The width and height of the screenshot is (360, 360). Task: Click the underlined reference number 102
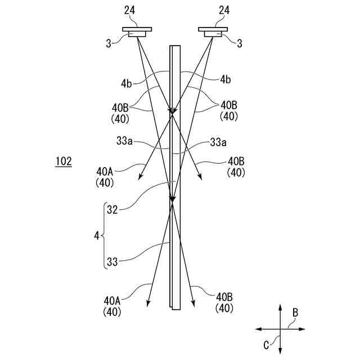click(x=63, y=161)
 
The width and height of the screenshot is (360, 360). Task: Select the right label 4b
click(x=224, y=80)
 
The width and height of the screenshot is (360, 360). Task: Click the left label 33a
click(x=124, y=142)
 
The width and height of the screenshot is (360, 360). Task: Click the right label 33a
click(x=219, y=142)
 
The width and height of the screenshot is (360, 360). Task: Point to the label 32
click(x=112, y=210)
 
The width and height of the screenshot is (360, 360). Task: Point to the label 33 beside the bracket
click(x=112, y=262)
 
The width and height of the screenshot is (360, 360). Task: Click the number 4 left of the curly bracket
click(x=96, y=236)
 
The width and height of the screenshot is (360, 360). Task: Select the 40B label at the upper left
click(x=121, y=106)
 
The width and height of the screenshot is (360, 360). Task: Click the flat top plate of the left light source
click(x=137, y=29)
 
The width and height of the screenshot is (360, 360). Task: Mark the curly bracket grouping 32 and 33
click(x=105, y=236)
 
